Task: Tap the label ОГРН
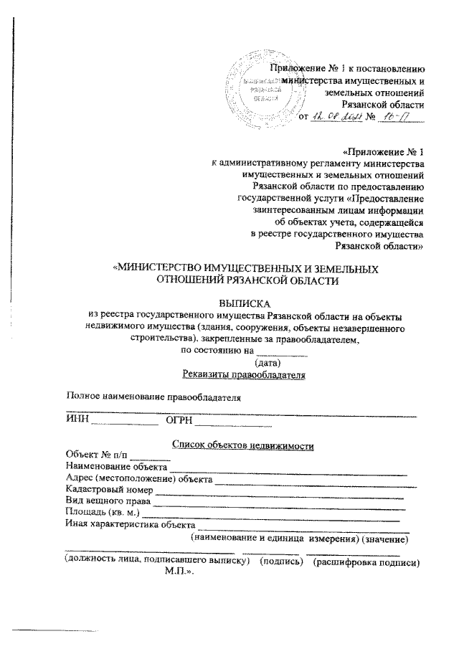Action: click(x=180, y=420)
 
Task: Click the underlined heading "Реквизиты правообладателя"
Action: click(x=245, y=374)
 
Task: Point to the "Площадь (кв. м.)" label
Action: click(x=103, y=513)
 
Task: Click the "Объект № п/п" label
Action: click(x=96, y=455)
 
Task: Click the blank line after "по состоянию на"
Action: click(x=282, y=352)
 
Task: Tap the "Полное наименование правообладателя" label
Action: click(x=151, y=397)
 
